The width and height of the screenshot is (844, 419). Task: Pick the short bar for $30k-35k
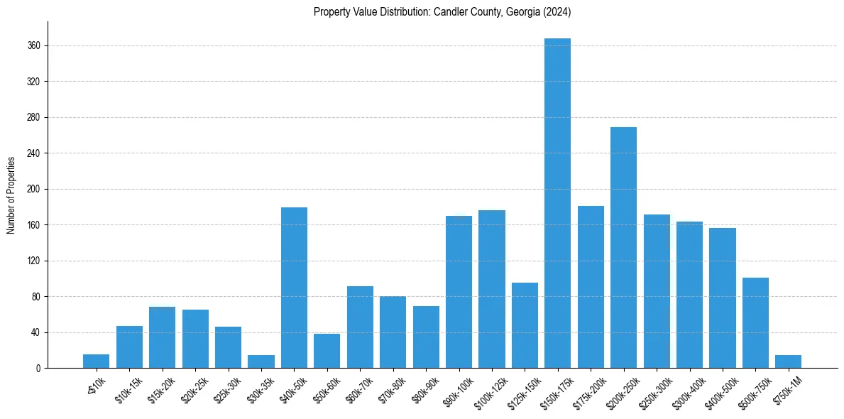pyautogui.click(x=261, y=361)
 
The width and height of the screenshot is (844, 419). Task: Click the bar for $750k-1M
pyautogui.click(x=788, y=361)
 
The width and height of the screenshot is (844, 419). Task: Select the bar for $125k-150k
pyautogui.click(x=525, y=325)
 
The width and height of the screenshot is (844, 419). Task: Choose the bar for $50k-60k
pyautogui.click(x=327, y=351)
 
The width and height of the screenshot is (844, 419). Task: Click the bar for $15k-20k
pyautogui.click(x=163, y=337)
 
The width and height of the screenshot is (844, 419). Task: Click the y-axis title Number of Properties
pyautogui.click(x=11, y=195)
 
